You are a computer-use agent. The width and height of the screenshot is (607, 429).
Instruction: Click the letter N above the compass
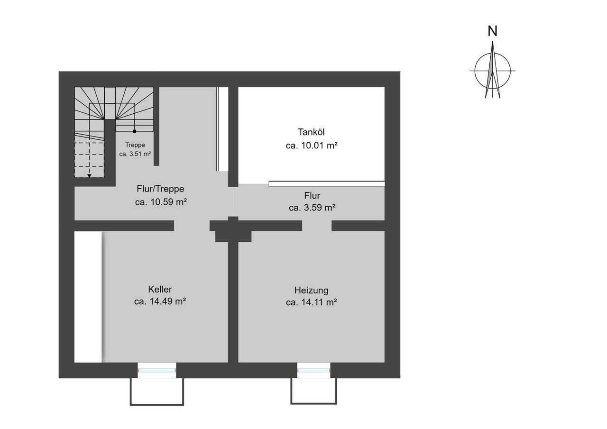(x=492, y=31)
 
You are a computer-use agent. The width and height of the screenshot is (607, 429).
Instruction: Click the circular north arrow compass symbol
(x=492, y=71)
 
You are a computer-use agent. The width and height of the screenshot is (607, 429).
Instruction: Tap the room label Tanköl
(x=311, y=132)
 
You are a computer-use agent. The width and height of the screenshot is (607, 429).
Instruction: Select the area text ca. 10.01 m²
(x=312, y=146)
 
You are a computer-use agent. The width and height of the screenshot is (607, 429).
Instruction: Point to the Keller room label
(x=160, y=289)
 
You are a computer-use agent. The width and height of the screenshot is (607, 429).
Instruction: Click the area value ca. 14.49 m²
(x=160, y=301)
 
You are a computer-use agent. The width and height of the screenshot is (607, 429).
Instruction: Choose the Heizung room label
(x=312, y=290)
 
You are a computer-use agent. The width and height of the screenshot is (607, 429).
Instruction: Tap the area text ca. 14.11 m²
(x=312, y=302)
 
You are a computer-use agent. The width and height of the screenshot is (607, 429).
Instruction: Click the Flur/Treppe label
(x=160, y=189)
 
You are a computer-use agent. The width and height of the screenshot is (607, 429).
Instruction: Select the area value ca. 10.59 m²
(x=161, y=202)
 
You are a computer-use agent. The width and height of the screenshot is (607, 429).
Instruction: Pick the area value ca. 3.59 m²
(x=312, y=208)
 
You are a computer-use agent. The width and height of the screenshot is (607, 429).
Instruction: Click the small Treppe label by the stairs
(x=135, y=145)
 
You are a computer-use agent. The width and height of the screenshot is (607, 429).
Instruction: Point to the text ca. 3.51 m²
(x=135, y=154)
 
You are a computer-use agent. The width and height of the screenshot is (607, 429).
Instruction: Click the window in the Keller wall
(x=156, y=370)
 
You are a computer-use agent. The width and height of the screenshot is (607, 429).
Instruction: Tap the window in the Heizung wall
(x=313, y=370)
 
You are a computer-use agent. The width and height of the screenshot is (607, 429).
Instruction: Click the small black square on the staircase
(x=134, y=131)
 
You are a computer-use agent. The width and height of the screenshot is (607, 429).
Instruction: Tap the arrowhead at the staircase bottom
(x=89, y=176)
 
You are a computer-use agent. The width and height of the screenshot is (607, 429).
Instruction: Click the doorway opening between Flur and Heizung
(x=317, y=226)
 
